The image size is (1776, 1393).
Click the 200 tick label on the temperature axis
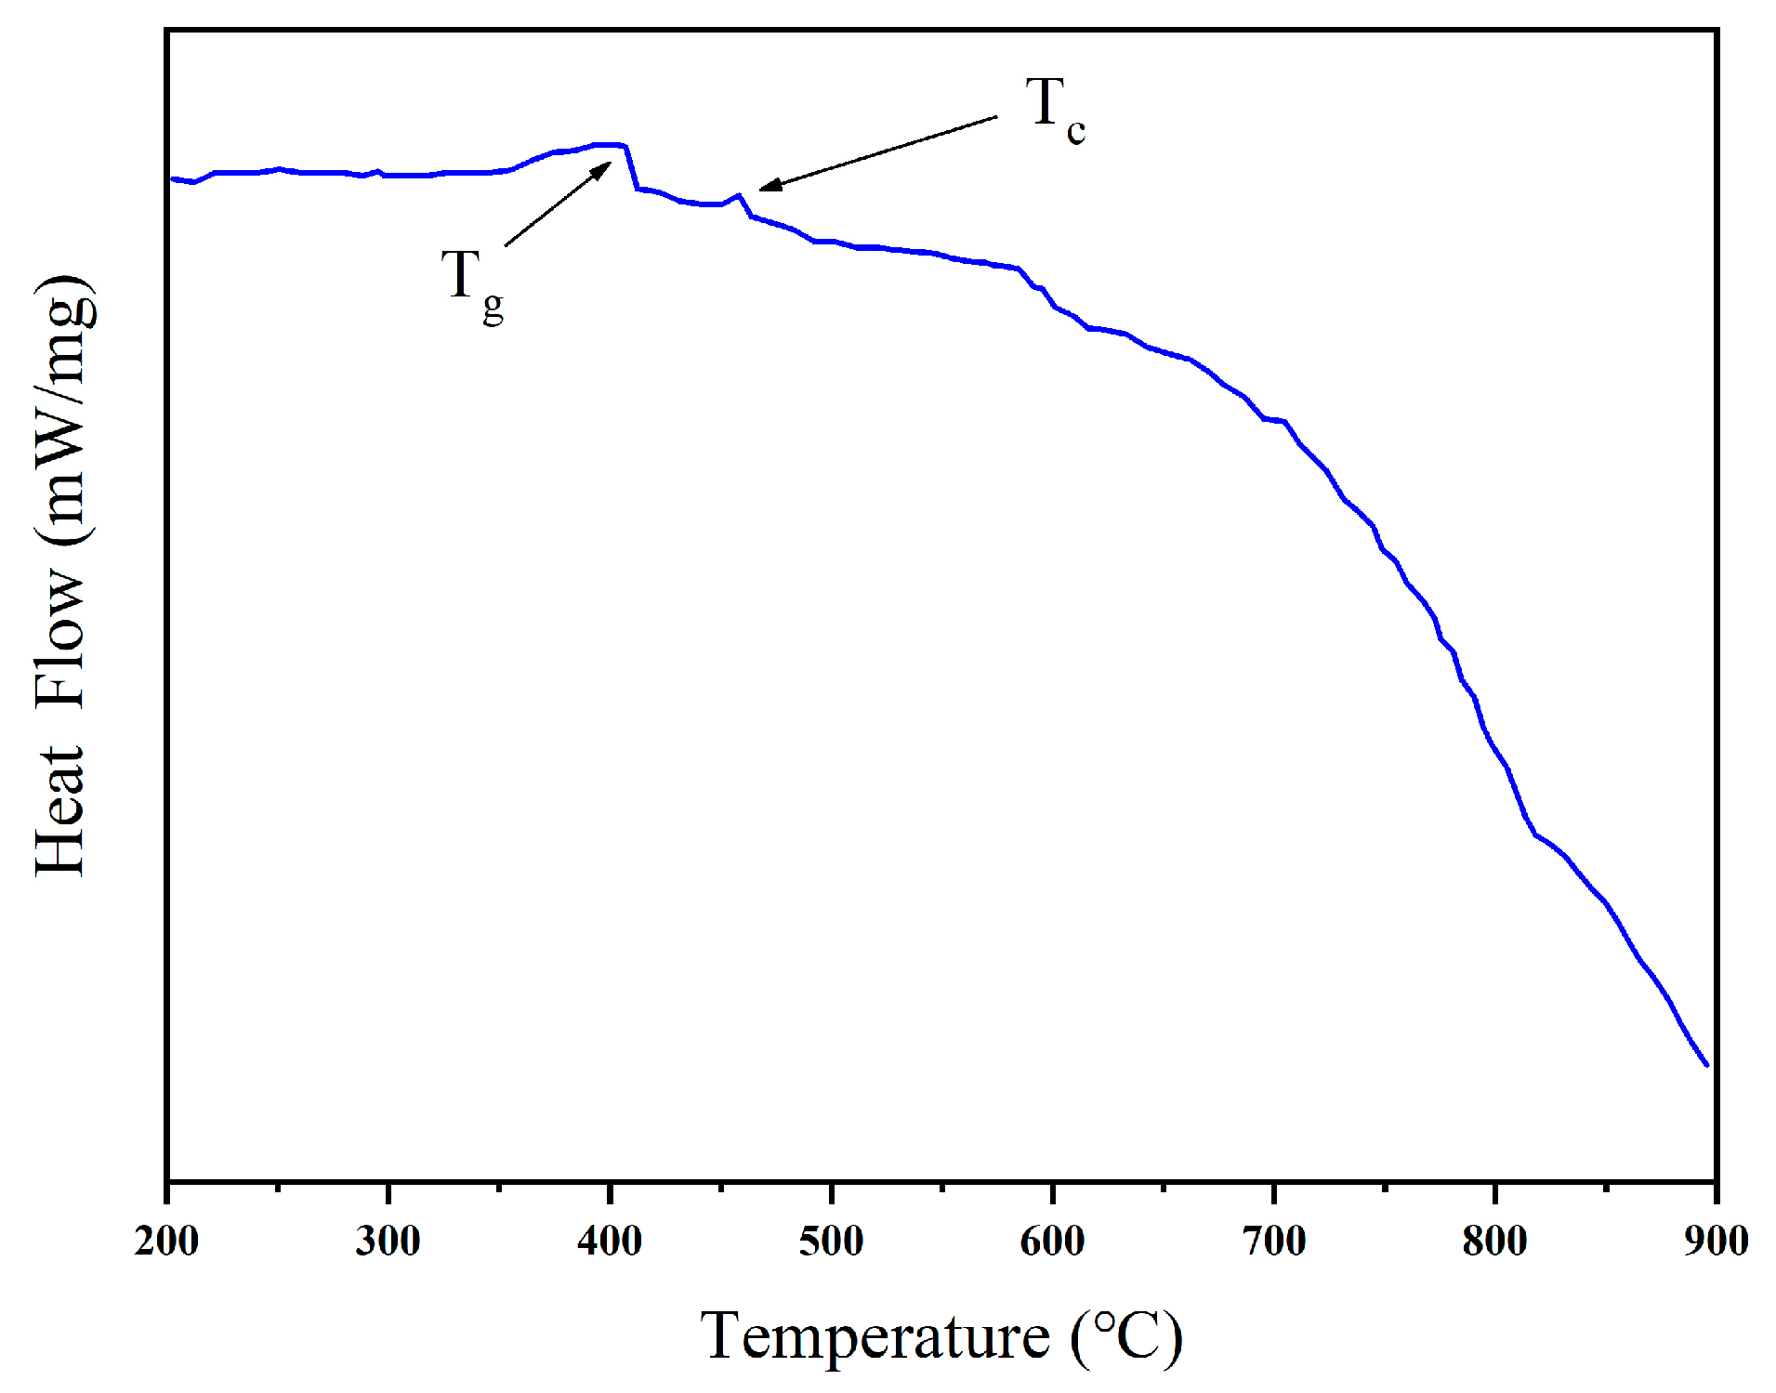point(166,1242)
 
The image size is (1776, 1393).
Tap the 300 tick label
point(388,1242)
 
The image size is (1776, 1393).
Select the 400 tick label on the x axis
point(610,1242)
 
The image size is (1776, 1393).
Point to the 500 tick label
point(831,1242)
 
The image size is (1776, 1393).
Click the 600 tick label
point(1052,1242)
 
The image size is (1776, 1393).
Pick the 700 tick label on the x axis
point(1274,1242)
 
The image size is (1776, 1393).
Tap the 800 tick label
point(1494,1242)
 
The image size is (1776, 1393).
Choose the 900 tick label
point(1716,1242)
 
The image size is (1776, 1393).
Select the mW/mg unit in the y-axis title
point(65,409)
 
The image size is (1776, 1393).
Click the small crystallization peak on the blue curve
point(738,196)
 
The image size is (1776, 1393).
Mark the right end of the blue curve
point(1706,1065)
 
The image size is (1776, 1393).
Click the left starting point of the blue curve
point(171,178)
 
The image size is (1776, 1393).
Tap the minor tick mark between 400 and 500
point(720,1186)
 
